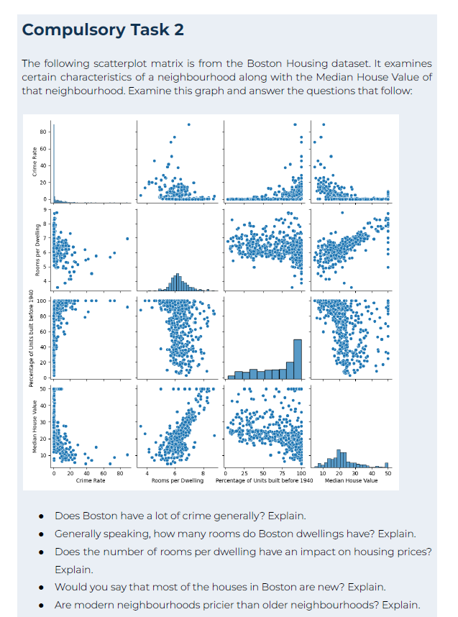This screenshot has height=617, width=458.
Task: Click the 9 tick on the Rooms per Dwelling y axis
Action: coord(45,209)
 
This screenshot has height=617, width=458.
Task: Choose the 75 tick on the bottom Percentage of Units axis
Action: coord(272,472)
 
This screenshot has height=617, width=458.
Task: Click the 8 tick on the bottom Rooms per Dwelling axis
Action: coord(203,472)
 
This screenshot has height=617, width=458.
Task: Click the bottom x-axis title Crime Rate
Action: coord(91,480)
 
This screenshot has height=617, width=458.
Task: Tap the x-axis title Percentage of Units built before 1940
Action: coord(266,480)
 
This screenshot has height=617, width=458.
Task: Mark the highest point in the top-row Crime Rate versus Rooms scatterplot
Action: coord(189,124)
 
